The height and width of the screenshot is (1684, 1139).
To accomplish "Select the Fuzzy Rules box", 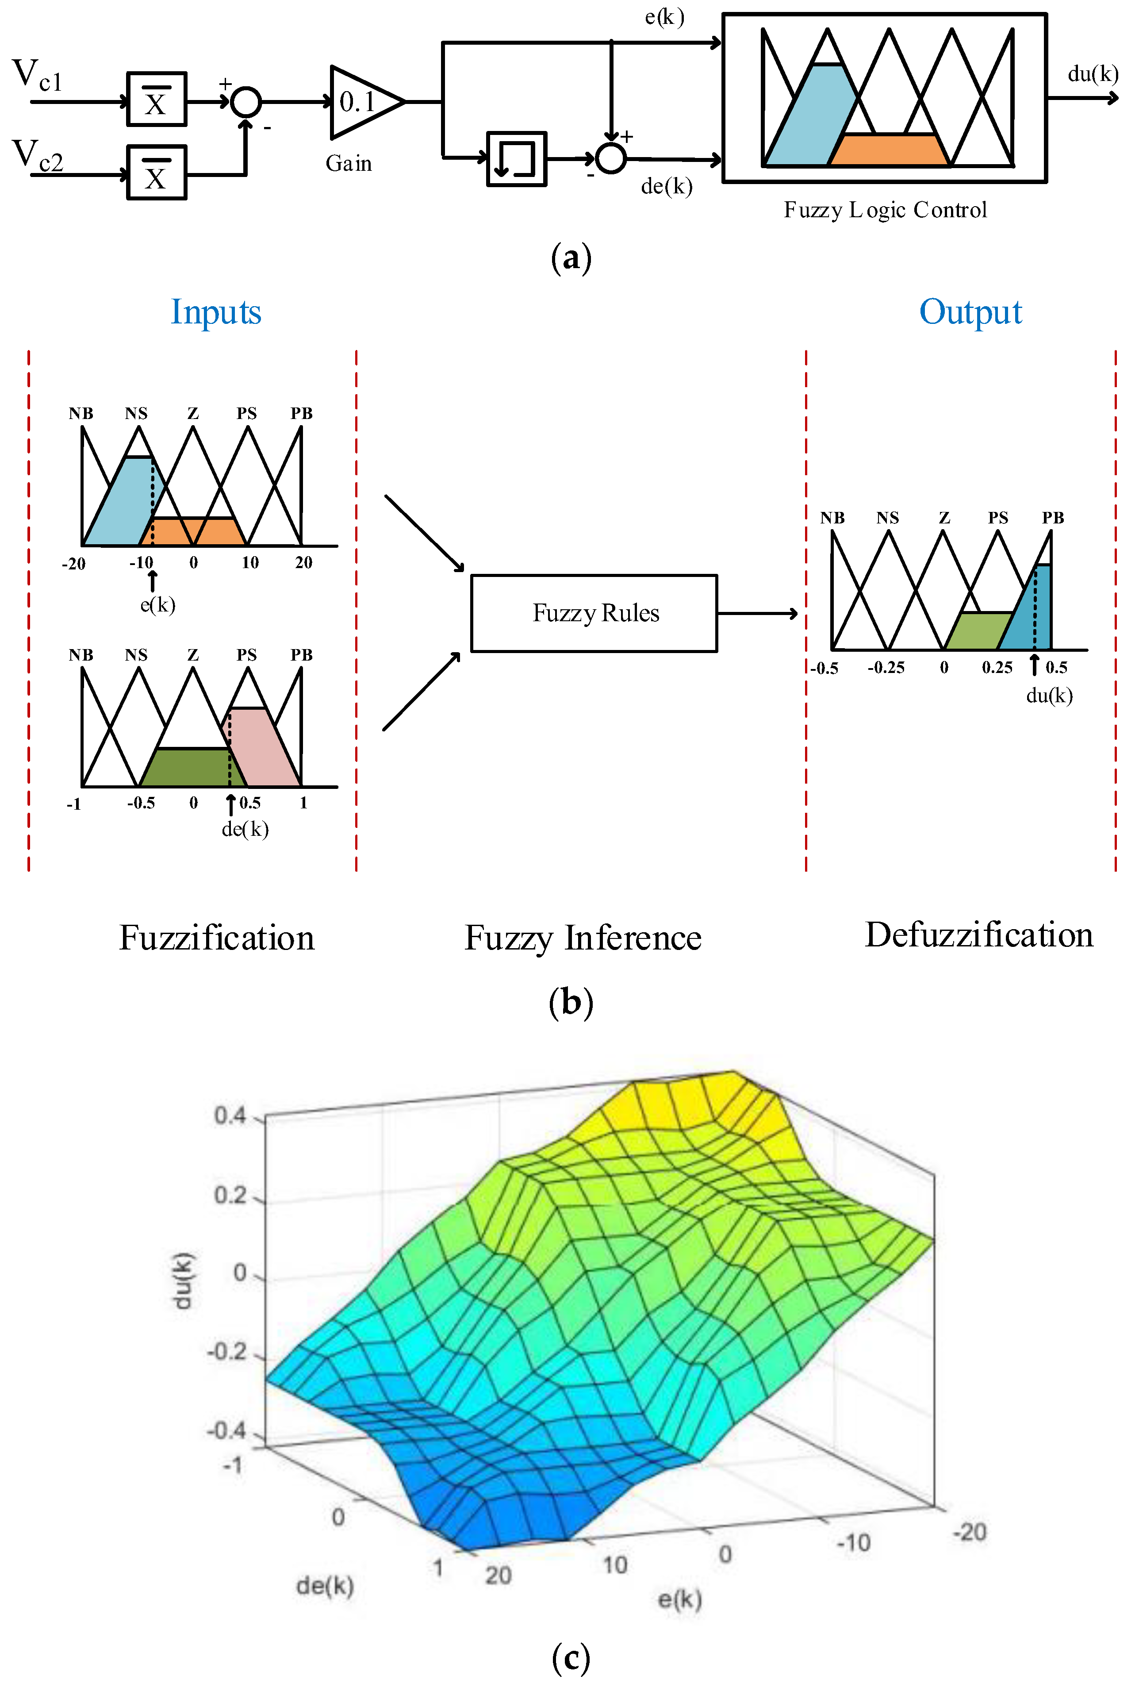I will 594,613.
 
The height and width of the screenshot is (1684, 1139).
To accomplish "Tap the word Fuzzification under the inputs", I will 217,938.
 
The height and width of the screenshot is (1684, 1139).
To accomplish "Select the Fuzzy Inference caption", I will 583,938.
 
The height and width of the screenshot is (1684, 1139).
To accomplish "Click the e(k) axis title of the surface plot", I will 679,1599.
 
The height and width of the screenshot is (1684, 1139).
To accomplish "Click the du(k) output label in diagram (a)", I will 1092,74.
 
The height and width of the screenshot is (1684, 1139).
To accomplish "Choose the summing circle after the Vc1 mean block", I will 245,102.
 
